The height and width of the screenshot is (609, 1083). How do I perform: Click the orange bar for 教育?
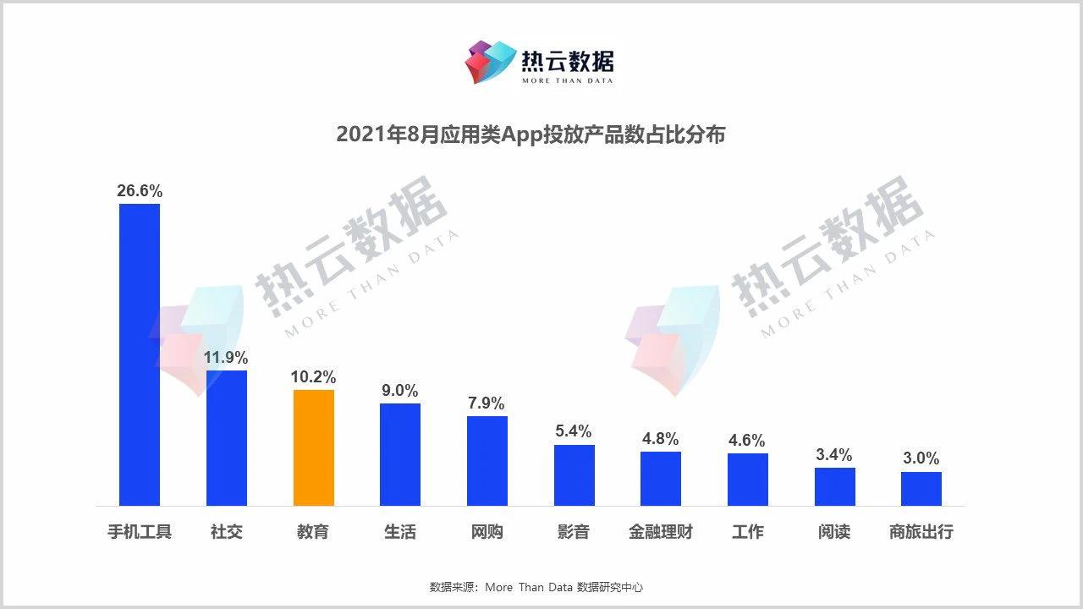click(314, 447)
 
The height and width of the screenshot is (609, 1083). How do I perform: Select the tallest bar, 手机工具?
click(140, 354)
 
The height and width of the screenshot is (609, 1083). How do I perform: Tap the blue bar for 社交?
click(227, 437)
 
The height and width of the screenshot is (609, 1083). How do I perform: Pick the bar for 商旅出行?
click(921, 488)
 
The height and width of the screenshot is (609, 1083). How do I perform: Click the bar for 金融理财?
click(661, 478)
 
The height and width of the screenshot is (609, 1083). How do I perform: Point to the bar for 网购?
click(487, 460)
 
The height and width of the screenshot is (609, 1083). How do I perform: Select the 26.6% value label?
click(140, 191)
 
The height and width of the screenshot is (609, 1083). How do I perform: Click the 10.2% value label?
click(314, 377)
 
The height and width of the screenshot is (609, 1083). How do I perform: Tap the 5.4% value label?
click(574, 431)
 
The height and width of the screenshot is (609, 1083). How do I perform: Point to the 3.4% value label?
click(834, 455)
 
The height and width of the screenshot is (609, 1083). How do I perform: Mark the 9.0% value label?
click(400, 391)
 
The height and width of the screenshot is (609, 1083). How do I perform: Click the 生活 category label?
click(400, 532)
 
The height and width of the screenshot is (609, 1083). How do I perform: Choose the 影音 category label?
click(574, 532)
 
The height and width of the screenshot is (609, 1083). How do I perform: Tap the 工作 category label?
click(747, 532)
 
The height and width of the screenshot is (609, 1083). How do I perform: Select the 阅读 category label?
click(834, 532)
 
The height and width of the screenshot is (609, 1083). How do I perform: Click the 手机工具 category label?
click(140, 532)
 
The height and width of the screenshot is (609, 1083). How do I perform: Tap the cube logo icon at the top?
click(491, 62)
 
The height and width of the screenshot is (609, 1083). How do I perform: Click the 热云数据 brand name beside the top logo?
click(568, 61)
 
